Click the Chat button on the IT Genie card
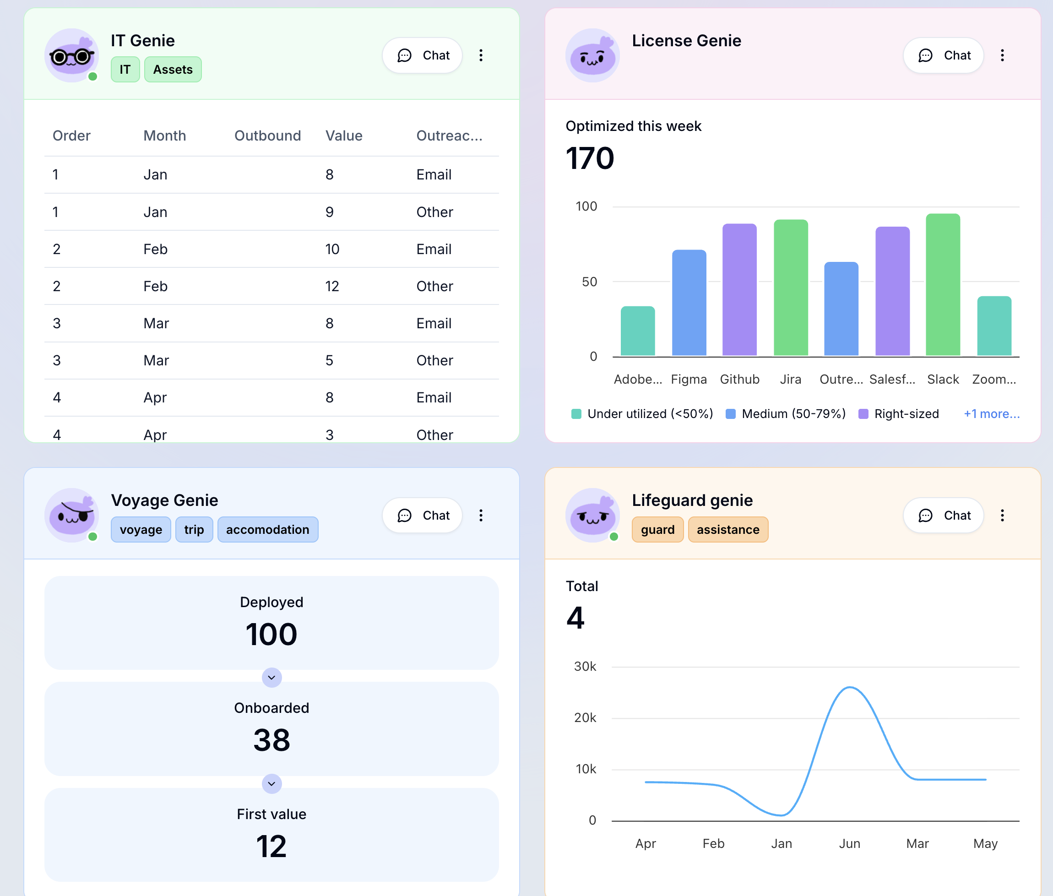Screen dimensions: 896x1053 (423, 55)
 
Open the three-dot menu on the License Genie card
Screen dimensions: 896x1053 (1002, 55)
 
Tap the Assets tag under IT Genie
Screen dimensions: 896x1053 (173, 70)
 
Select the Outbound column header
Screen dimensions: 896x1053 (267, 136)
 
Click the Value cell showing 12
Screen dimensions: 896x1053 (332, 287)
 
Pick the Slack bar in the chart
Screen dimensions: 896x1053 (943, 284)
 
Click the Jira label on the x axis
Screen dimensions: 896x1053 (790, 380)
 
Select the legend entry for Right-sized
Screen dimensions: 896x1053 (899, 414)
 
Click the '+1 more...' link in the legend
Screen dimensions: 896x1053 (992, 414)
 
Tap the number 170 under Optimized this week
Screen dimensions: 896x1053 (590, 158)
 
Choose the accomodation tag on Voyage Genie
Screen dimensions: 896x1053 (268, 530)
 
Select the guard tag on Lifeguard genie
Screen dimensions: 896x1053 (657, 530)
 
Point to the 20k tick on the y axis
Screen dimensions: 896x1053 (585, 718)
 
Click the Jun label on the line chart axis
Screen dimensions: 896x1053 (849, 844)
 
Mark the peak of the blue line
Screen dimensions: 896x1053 (850, 687)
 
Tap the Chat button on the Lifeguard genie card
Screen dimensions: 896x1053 (943, 516)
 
